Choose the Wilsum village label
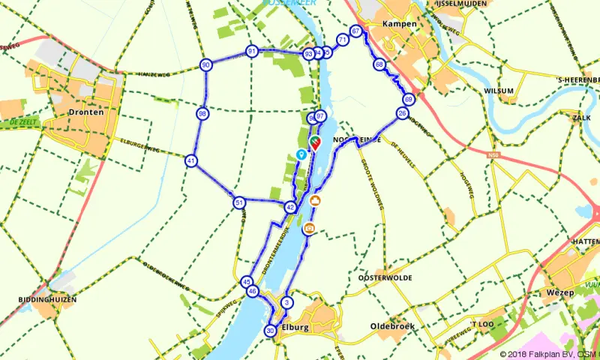(499, 91)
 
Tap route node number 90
(205, 66)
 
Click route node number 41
(192, 160)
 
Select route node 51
(238, 202)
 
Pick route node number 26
(403, 113)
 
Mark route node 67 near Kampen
(356, 31)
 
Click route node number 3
(286, 302)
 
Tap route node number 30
(270, 330)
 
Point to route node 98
(202, 114)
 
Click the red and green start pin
(315, 142)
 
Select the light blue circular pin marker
(301, 154)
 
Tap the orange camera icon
(309, 229)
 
